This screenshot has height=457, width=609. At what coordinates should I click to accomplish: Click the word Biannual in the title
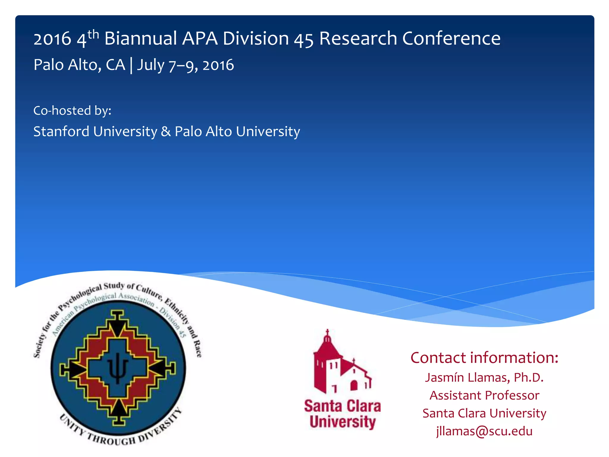point(141,38)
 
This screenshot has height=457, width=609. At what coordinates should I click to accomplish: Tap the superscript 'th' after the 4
point(93,35)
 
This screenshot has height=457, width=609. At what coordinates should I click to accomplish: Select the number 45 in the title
point(304,39)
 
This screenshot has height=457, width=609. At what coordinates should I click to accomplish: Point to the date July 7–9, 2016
point(185,65)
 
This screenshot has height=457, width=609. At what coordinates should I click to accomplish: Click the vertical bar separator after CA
point(131,65)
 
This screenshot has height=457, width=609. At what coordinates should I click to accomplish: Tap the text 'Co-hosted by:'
point(72,111)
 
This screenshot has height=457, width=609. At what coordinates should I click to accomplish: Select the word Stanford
point(61,132)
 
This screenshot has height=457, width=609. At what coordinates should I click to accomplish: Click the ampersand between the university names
point(166,132)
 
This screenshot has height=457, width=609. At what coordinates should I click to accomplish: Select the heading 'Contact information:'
point(484,357)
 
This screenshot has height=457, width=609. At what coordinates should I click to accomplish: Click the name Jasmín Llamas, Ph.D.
point(484,377)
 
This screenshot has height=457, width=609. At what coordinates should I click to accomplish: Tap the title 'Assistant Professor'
point(484,395)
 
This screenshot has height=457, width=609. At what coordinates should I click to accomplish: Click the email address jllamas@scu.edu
point(484,431)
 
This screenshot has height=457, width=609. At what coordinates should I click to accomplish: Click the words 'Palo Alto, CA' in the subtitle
point(79,65)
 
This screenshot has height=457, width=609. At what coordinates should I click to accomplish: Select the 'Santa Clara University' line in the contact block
point(484,413)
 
